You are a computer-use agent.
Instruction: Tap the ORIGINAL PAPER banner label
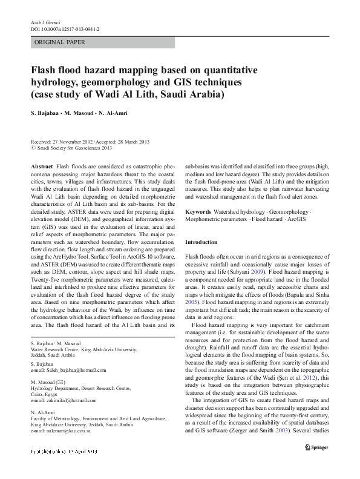click(x=60, y=42)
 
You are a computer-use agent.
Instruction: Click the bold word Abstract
click(x=41, y=166)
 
